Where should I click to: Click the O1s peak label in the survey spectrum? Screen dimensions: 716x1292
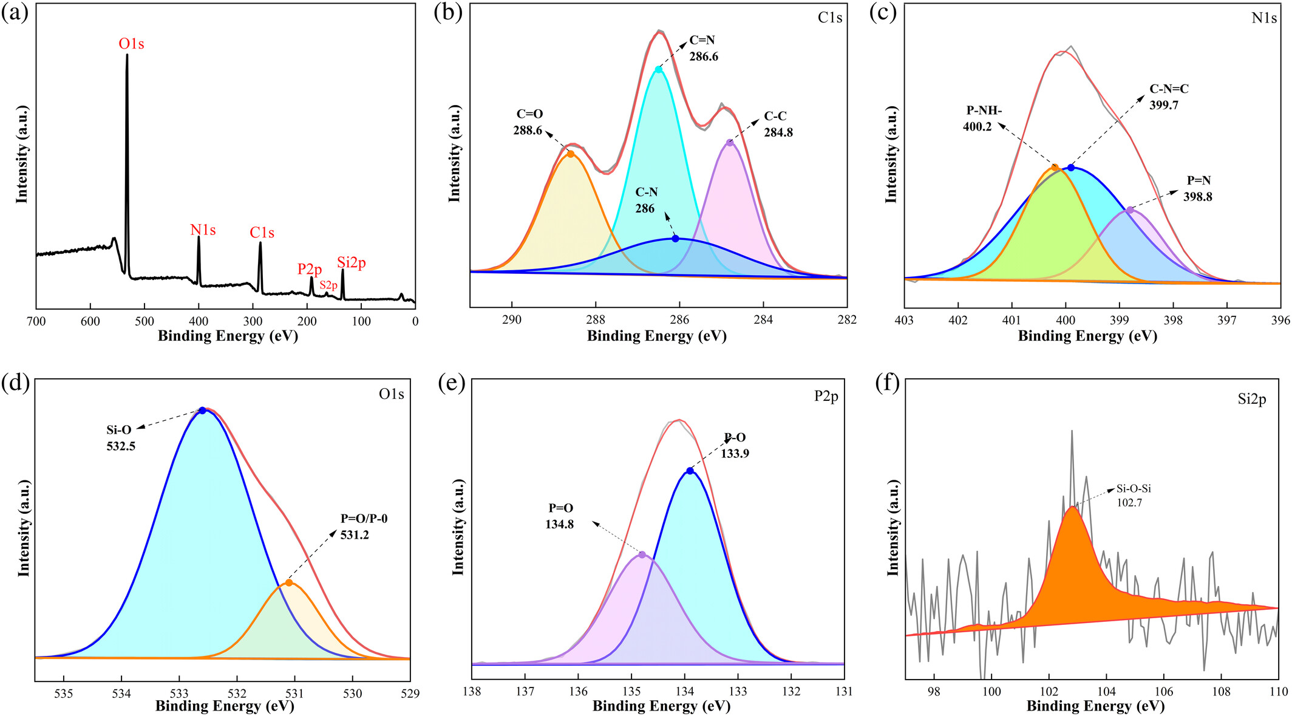click(x=131, y=44)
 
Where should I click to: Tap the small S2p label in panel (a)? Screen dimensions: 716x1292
click(x=328, y=285)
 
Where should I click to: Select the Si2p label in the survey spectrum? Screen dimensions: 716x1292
click(x=352, y=263)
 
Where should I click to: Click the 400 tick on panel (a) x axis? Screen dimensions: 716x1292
click(x=199, y=321)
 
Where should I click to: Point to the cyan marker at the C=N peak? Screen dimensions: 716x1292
click(x=658, y=70)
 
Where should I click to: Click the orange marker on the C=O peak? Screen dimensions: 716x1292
click(x=570, y=154)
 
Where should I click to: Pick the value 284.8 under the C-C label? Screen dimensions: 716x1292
click(x=778, y=132)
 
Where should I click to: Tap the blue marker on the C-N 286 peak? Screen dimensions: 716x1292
click(x=675, y=239)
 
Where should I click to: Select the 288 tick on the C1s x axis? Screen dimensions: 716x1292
click(x=596, y=320)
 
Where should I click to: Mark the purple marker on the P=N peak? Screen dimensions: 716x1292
click(x=1130, y=210)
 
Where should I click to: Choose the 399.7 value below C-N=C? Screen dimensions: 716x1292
click(x=1164, y=105)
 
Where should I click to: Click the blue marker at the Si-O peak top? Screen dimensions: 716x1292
click(x=202, y=411)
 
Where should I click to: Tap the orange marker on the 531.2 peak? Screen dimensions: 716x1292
click(x=289, y=583)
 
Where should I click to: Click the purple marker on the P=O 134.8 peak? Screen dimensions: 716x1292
click(x=642, y=555)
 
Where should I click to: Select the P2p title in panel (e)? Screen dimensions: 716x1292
click(x=826, y=397)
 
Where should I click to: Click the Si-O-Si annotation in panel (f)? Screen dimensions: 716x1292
click(x=1134, y=488)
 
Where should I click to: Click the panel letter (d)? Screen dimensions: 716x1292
click(x=15, y=384)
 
